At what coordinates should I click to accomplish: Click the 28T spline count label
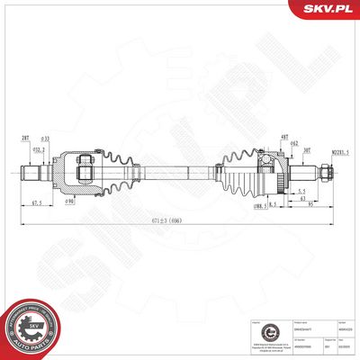[x=23, y=139]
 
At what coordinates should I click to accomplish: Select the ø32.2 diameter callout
[x=38, y=149]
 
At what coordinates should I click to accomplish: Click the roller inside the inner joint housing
[x=85, y=168]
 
